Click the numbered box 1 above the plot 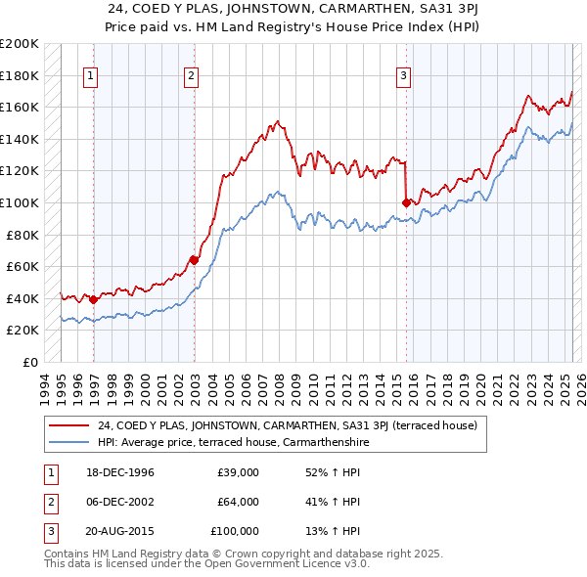pos(90,76)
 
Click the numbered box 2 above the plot pos(191,76)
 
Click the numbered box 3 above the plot pos(403,76)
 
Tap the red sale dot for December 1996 pos(93,300)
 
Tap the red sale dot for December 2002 pos(194,260)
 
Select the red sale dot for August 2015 pos(406,202)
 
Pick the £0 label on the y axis pos(29,362)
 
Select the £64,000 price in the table pos(238,502)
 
